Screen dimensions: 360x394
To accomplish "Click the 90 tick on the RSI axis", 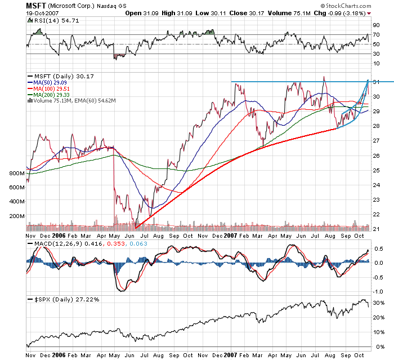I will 375,25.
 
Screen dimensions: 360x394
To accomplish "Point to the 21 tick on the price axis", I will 375,228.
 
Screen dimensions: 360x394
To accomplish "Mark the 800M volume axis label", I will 17,174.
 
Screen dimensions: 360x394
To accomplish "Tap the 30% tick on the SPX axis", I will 377,303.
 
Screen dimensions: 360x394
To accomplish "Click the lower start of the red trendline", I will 136,228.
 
